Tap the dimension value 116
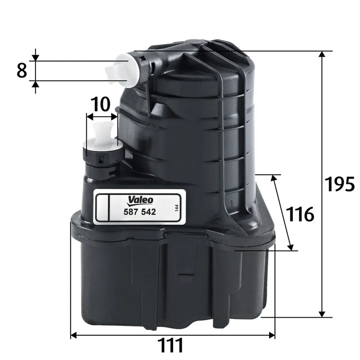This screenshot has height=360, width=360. [301, 215]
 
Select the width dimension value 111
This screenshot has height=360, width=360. [171, 346]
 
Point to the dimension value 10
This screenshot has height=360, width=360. [101, 104]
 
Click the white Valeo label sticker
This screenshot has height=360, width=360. [139, 206]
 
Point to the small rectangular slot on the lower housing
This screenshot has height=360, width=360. [184, 272]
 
